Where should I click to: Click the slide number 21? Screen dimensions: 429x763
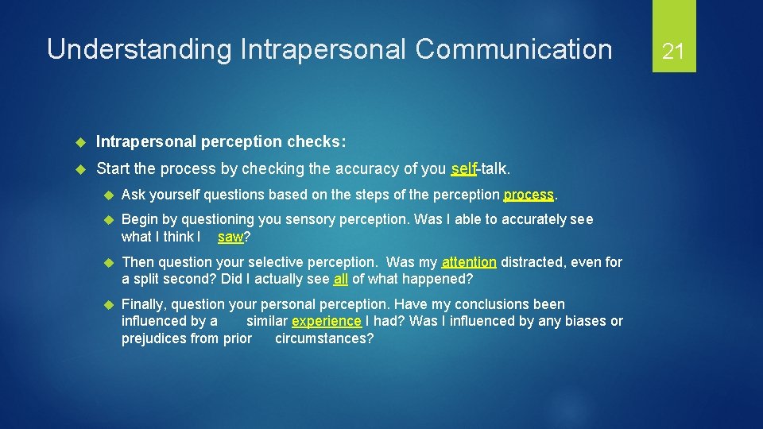coord(673,52)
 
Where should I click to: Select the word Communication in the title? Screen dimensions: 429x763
coord(513,49)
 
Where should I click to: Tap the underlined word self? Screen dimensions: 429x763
coord(463,169)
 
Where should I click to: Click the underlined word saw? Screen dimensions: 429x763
coord(230,237)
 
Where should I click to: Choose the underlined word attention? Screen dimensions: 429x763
coord(469,262)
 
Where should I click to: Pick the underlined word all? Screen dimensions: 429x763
coord(341,279)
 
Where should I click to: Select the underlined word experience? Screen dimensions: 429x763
coord(327,322)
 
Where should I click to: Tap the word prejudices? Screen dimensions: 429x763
coord(159,339)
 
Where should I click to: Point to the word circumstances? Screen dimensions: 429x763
coord(323,339)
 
